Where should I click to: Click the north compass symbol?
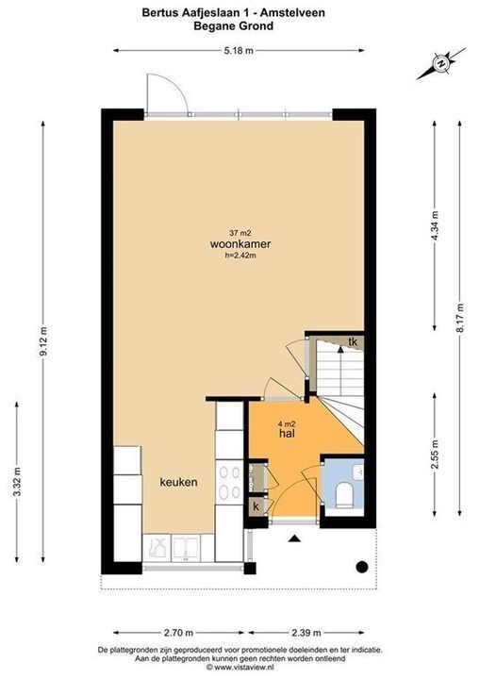[441, 64]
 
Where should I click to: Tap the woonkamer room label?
[240, 244]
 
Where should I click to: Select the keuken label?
[178, 482]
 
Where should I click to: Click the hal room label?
[288, 433]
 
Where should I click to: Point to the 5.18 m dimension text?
[239, 51]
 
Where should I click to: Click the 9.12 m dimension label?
[42, 341]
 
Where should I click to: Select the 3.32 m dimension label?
[17, 482]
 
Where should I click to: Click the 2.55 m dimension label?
[435, 455]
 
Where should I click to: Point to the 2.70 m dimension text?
[178, 633]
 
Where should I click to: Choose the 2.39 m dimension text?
[306, 633]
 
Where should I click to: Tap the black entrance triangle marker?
[294, 538]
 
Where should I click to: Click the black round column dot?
[362, 567]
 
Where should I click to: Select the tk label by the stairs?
[353, 341]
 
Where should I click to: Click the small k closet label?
[256, 506]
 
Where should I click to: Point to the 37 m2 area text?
[240, 233]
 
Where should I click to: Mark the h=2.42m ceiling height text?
[240, 256]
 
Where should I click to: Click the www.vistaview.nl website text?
[240, 668]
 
